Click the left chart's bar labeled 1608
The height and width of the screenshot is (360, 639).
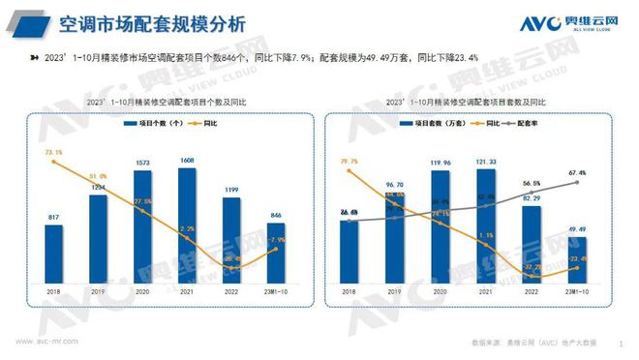(x=187, y=224)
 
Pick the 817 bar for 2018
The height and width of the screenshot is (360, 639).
(x=54, y=251)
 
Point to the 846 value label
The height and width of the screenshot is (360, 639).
(x=276, y=216)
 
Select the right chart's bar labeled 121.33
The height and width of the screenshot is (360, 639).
(x=486, y=224)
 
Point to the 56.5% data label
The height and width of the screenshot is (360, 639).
(x=532, y=181)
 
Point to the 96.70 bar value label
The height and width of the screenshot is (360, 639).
(x=395, y=184)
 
